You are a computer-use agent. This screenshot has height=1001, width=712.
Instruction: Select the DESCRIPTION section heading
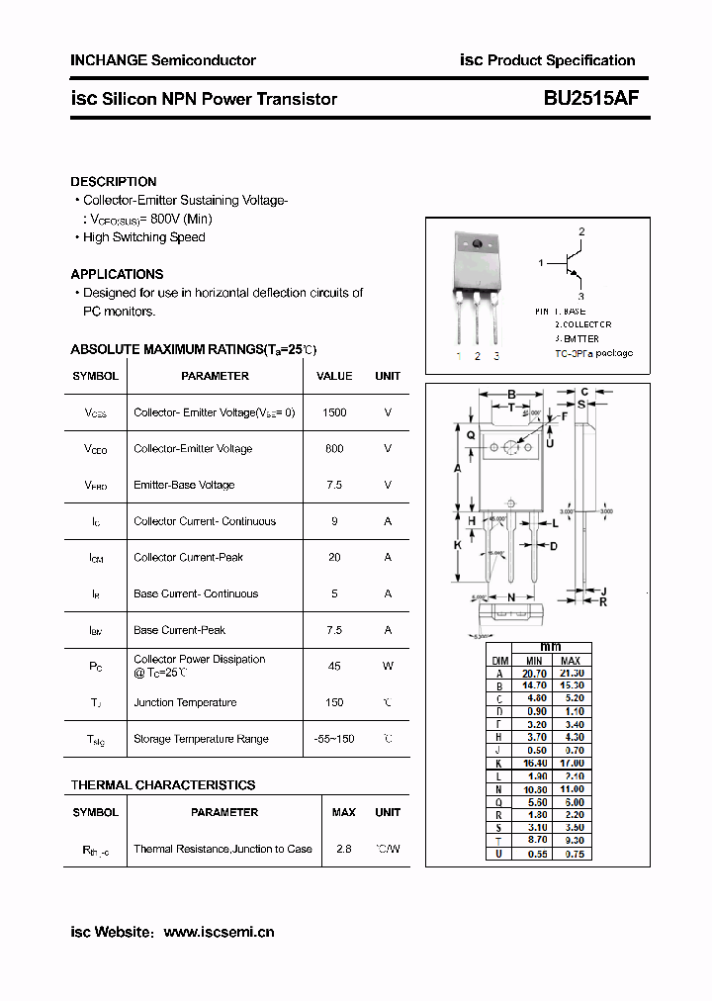pos(114,182)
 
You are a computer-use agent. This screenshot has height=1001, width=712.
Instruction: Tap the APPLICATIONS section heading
pos(117,274)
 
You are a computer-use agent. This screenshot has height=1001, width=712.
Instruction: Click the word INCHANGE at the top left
pos(108,60)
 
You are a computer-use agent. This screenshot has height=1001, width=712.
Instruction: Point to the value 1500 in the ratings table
pos(334,412)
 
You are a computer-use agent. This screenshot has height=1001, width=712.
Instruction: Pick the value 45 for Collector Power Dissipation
pos(334,667)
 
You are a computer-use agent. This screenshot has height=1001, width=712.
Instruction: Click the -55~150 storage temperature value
pos(334,739)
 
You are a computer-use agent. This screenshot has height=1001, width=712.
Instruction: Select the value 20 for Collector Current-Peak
pos(334,558)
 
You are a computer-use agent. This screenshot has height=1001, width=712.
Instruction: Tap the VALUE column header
pos(334,376)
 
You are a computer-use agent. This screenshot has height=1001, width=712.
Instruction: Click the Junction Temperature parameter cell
pos(185,702)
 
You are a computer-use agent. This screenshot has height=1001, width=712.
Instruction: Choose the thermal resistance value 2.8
pos(344,849)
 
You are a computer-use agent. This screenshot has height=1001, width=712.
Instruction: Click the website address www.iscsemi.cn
pos(219,932)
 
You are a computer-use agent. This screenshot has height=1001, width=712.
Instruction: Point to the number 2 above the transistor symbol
pos(581,231)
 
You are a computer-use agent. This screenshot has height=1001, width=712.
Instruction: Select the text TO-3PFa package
pos(593,353)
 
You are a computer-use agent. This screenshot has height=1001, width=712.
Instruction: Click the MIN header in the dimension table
pos(534,660)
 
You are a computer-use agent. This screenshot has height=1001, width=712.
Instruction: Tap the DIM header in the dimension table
pos(500,660)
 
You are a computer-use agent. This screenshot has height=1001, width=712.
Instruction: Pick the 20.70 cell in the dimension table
pos(534,673)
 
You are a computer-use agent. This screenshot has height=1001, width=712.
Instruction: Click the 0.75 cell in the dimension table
pos(572,854)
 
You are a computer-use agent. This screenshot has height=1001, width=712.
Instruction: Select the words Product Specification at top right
pos(562,60)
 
